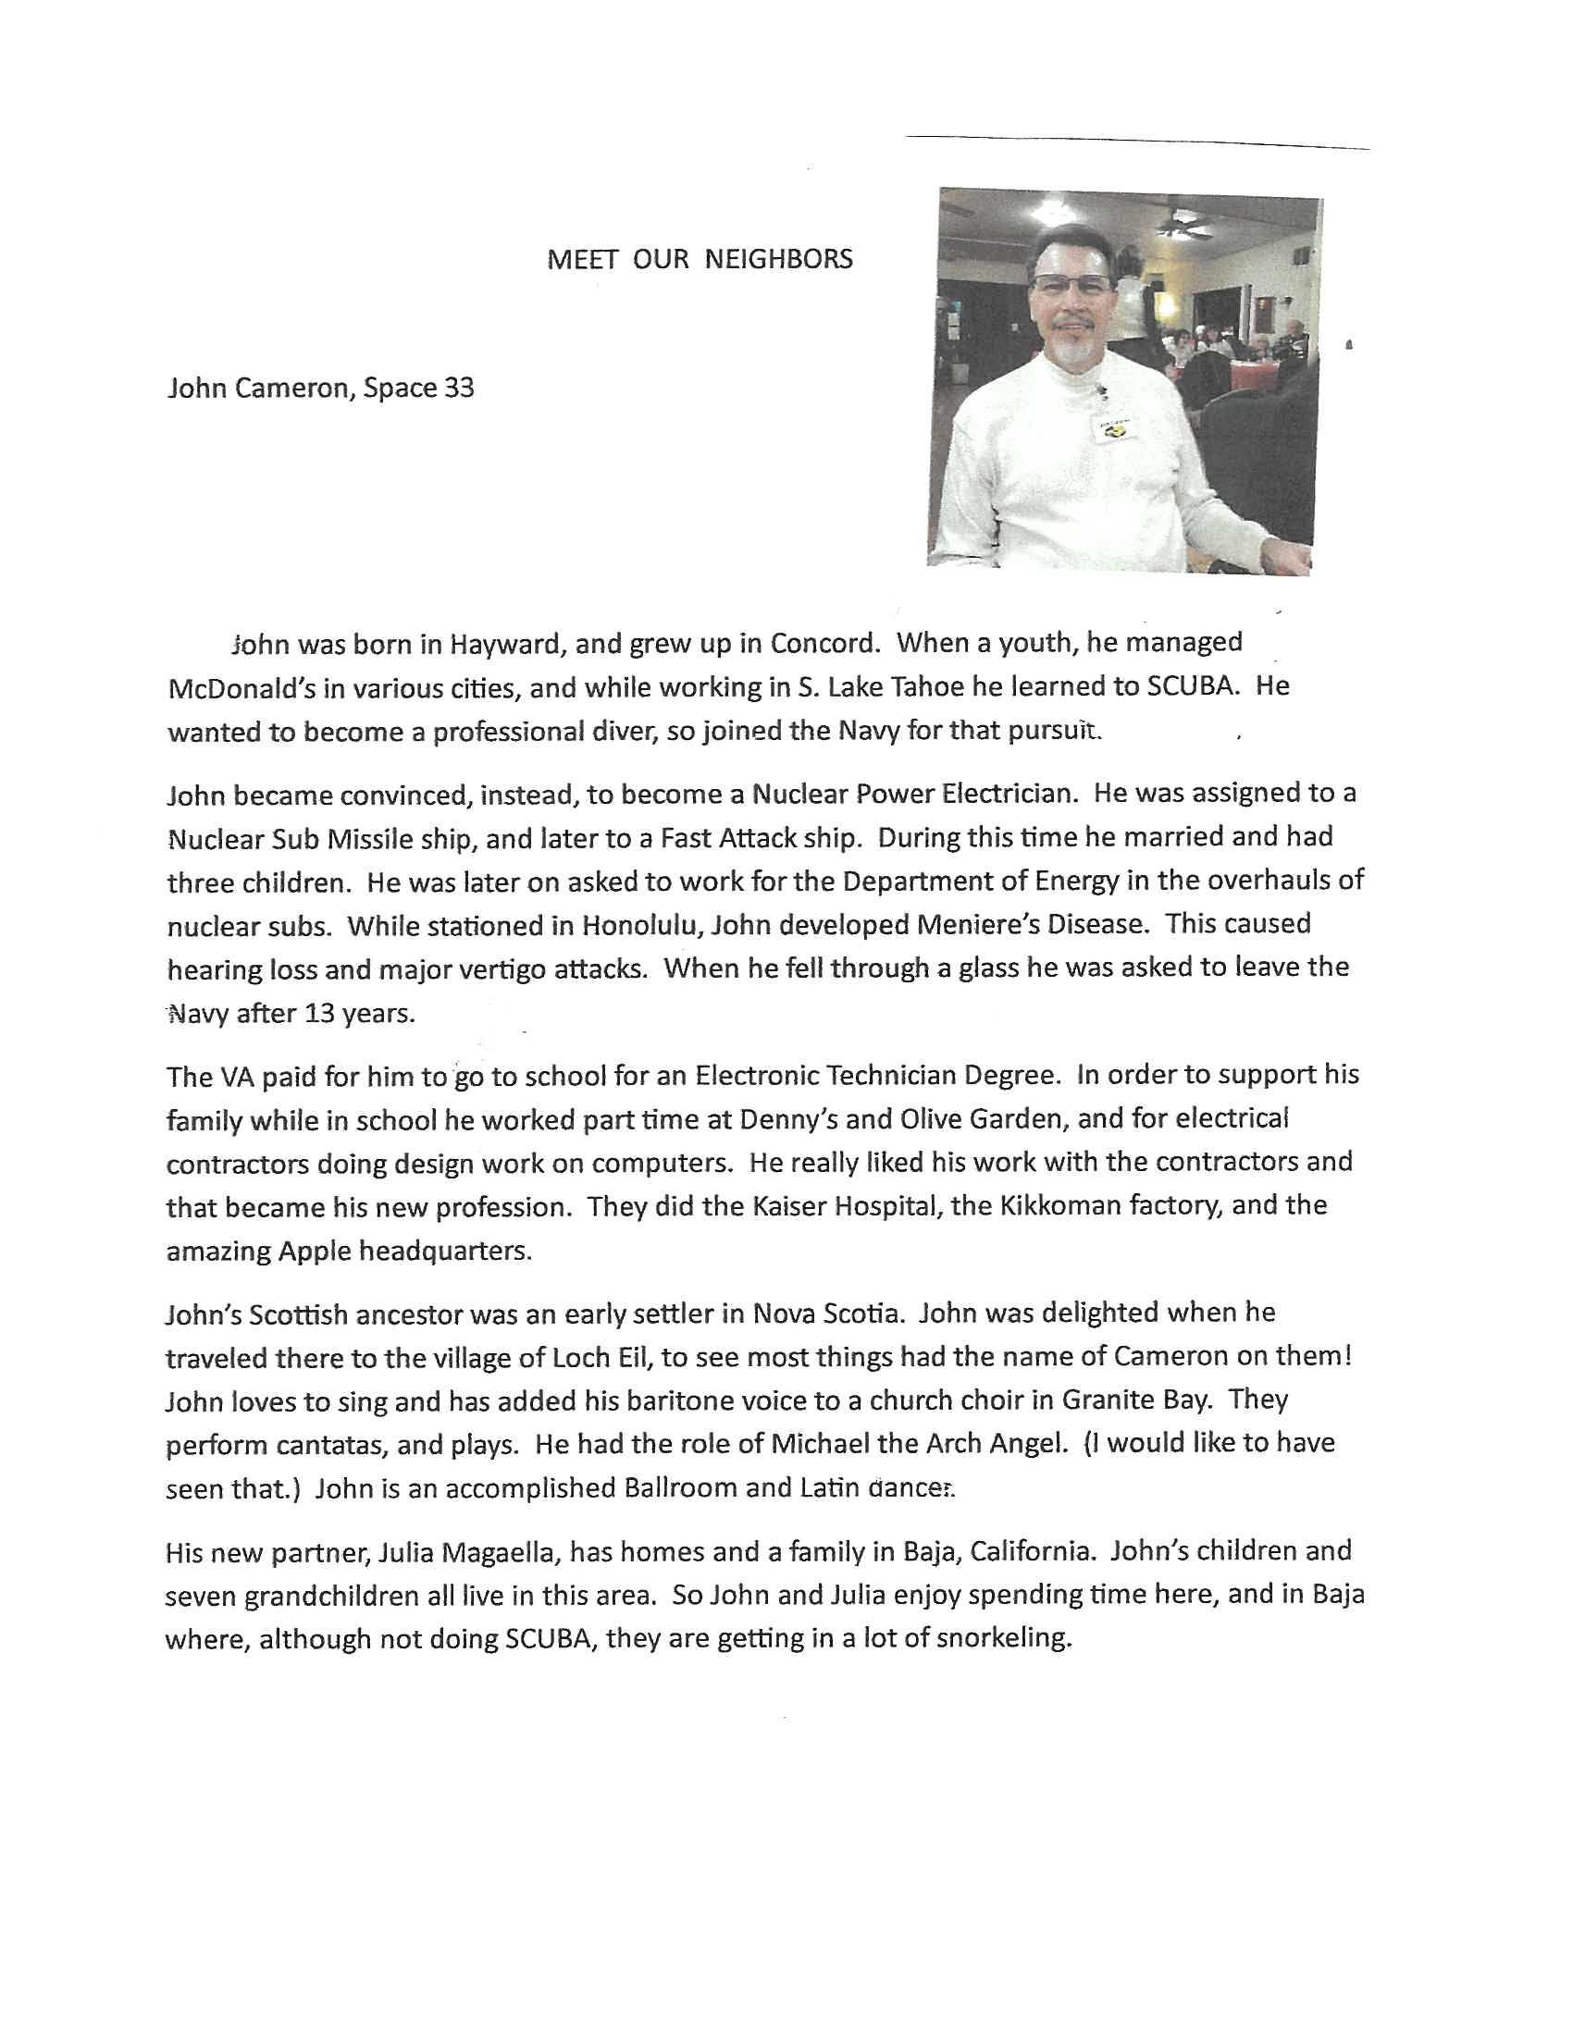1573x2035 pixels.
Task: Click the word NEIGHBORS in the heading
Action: pos(778,259)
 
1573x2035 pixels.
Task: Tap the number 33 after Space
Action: pos(458,388)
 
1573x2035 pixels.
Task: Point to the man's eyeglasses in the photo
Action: pos(1071,285)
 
